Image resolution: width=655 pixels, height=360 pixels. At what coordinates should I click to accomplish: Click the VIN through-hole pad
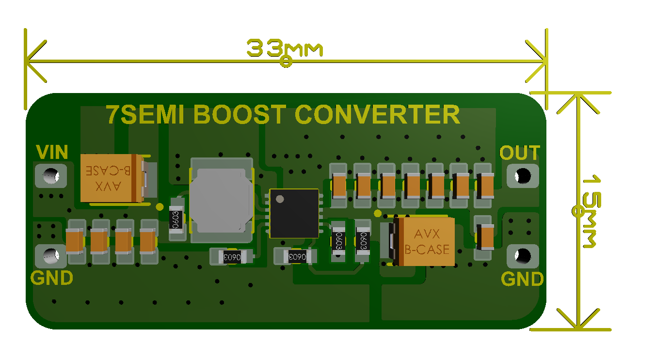pos(50,176)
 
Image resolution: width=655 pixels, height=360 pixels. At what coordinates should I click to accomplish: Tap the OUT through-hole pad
pos(523,175)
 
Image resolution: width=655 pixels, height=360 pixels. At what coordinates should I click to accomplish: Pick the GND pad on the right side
pos(523,255)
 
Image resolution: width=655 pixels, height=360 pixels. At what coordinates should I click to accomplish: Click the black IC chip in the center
pos(294,213)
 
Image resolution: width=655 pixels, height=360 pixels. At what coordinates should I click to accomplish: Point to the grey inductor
pos(222,200)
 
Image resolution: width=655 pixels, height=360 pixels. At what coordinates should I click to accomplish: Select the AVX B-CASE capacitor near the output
pos(424,241)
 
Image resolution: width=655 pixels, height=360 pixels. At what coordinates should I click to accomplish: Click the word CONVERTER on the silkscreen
pos(377,115)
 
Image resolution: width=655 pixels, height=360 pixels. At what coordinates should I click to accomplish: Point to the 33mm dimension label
pos(285,48)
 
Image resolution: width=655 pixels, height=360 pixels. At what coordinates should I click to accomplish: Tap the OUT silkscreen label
pos(520,153)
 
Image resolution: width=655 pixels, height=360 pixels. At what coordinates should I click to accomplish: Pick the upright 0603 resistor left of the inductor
pos(176,220)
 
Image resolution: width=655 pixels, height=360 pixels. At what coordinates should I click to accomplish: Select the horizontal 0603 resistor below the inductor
pos(231,257)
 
